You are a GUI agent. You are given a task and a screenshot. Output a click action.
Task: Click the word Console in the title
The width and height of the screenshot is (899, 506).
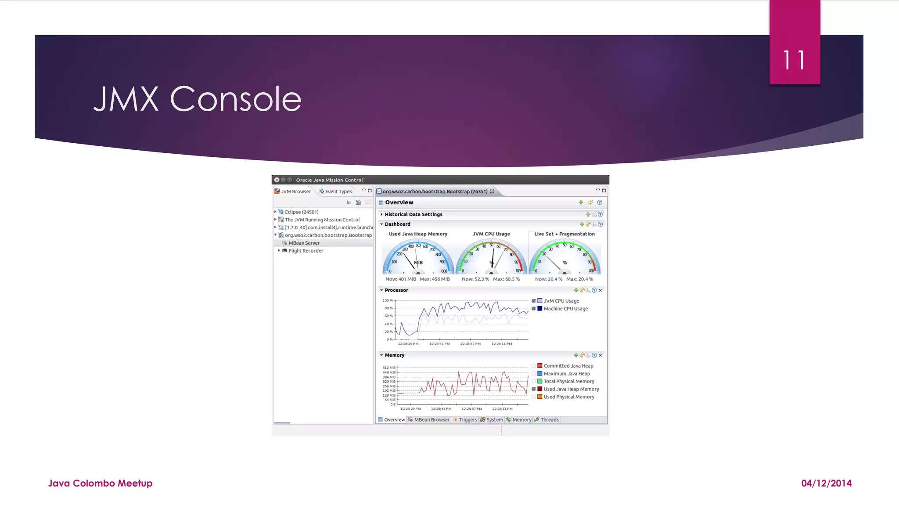pos(235,99)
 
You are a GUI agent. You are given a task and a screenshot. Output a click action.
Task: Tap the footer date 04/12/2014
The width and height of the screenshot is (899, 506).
pos(826,483)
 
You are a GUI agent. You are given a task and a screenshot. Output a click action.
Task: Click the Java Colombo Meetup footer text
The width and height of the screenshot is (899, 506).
pos(100,483)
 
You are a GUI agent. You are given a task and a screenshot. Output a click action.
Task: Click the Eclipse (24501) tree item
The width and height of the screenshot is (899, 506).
pos(301,212)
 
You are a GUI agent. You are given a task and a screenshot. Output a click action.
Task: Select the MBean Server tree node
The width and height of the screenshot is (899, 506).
pos(304,243)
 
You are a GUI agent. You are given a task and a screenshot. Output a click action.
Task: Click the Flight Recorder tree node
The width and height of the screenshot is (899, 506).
pos(306,251)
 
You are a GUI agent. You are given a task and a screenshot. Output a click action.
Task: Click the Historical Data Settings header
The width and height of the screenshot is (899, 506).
pos(413,214)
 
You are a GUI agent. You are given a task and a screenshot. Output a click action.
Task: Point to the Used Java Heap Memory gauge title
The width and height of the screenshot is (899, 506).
pos(418,234)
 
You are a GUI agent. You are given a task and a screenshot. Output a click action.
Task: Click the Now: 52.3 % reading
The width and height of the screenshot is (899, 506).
pos(475,279)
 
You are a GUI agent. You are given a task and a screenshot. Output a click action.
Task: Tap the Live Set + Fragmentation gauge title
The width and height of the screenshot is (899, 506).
pos(564,234)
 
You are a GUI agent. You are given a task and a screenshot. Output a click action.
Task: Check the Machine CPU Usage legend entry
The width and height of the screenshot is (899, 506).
pos(565,309)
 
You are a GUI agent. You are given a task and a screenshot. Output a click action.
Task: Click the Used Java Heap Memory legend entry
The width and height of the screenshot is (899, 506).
pos(571,389)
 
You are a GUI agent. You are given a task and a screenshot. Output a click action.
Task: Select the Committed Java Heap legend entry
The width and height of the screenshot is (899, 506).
pos(568,366)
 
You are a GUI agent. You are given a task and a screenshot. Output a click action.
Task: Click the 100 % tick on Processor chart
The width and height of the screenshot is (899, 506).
pos(387,300)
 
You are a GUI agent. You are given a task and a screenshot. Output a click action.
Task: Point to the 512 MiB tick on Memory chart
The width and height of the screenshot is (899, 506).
pos(389,368)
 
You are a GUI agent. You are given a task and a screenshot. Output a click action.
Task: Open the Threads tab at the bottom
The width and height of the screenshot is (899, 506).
pos(549,420)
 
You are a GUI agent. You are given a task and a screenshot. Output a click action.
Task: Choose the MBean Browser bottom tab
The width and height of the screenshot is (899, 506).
pos(431,420)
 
